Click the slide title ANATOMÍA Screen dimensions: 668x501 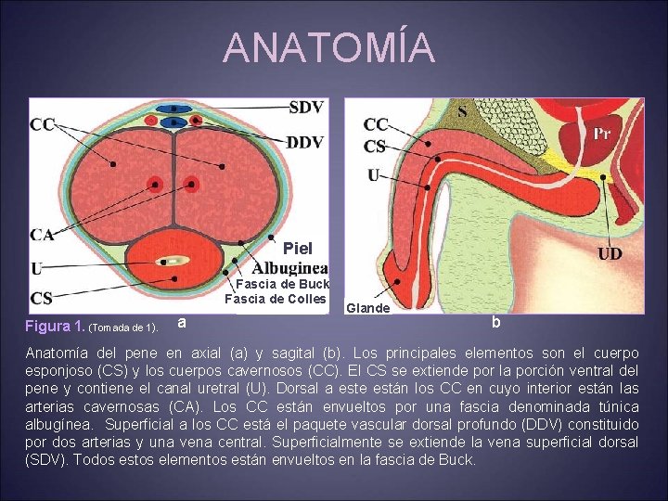(329, 48)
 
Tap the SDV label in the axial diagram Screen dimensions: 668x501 (306, 108)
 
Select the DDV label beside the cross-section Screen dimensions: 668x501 (305, 143)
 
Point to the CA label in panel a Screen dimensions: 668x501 (42, 235)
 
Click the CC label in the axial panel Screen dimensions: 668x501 (42, 124)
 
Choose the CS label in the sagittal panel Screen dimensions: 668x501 (375, 147)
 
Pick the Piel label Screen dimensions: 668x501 (298, 249)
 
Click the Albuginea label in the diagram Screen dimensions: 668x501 (290, 267)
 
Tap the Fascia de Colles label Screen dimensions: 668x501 (276, 299)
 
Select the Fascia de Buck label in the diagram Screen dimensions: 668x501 (282, 284)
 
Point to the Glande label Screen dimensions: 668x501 (367, 308)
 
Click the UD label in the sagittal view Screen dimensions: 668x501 (610, 253)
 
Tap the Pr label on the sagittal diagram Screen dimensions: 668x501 (602, 133)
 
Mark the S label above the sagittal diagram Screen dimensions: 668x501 (462, 111)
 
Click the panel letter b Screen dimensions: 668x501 (496, 322)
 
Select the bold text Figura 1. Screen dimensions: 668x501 (54, 327)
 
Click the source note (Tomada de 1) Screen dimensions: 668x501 (122, 328)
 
